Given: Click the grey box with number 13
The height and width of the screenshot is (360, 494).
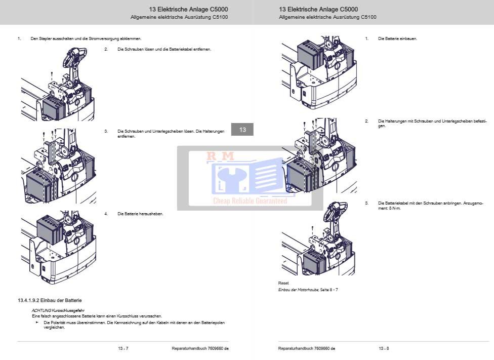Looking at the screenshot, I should pyautogui.click(x=242, y=130).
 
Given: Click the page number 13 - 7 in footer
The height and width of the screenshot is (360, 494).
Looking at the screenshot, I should pyautogui.click(x=123, y=348).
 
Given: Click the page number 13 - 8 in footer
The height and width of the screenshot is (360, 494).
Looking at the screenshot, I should pyautogui.click(x=384, y=348).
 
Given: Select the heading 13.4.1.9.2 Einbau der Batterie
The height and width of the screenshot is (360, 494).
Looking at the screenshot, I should pyautogui.click(x=50, y=301).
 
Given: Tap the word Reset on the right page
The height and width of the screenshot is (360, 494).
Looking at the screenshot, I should pyautogui.click(x=283, y=283).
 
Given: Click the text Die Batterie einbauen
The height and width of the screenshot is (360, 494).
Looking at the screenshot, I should pyautogui.click(x=397, y=38).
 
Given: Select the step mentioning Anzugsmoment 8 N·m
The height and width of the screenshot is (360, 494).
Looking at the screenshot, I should pyautogui.click(x=430, y=205).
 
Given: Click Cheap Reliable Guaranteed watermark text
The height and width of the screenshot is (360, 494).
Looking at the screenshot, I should pyautogui.click(x=250, y=201).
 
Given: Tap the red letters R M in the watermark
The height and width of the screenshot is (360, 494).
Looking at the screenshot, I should pyautogui.click(x=220, y=157).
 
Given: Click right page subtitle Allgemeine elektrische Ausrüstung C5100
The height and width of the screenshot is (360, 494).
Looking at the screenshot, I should pyautogui.click(x=327, y=17).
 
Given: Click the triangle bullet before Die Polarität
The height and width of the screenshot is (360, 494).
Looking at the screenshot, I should pyautogui.click(x=37, y=322).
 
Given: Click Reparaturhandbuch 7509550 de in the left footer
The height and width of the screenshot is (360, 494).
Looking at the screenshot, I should pyautogui.click(x=200, y=348).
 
